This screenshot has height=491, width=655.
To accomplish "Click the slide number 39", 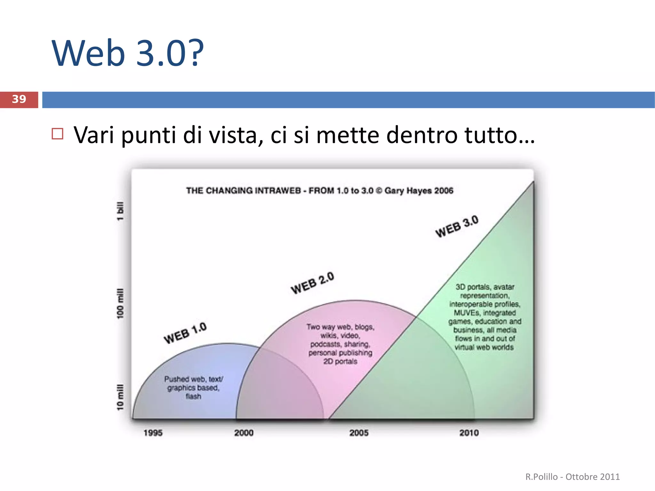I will [19, 99].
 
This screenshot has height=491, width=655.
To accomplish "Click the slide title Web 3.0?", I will [127, 53].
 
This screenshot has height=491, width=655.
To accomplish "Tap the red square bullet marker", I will [58, 134].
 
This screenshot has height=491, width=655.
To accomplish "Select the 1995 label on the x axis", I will [153, 433].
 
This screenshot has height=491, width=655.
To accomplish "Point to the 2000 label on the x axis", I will [244, 433].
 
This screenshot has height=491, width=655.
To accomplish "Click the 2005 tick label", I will [359, 433].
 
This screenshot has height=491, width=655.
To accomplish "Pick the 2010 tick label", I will [469, 433].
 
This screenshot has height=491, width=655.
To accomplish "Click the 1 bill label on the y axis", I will [120, 211].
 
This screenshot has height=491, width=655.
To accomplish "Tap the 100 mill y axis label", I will [120, 304].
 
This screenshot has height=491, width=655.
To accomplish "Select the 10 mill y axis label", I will [120, 397].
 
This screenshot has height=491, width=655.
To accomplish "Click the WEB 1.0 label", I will [185, 333].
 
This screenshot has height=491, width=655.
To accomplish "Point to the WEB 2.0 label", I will [312, 283].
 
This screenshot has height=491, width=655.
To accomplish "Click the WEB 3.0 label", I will [457, 226].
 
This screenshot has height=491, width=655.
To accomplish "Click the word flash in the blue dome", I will [193, 396].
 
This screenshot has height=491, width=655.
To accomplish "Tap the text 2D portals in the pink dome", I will [340, 361].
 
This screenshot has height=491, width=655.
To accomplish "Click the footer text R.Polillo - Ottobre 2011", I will [572, 477].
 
